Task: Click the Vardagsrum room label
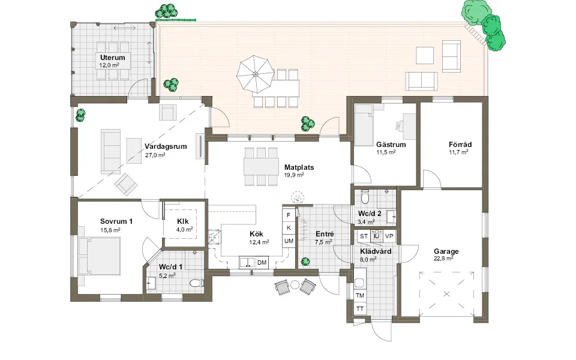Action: (166, 146)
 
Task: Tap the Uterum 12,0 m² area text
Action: (109, 65)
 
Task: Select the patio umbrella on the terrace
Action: (255, 74)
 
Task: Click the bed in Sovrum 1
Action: (99, 256)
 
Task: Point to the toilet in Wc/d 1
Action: (197, 283)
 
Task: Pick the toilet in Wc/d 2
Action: (365, 197)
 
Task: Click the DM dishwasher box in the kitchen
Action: (262, 262)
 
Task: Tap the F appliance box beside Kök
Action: (289, 215)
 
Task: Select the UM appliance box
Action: (289, 241)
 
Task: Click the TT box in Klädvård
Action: (360, 308)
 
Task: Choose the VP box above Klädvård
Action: (389, 236)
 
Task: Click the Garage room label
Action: (446, 251)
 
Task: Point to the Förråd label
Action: (460, 145)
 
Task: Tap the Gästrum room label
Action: (391, 145)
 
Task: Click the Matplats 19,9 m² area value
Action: (294, 175)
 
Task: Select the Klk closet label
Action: (182, 221)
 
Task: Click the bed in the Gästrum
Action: (364, 125)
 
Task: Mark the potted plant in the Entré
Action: (305, 262)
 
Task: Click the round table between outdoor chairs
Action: (295, 284)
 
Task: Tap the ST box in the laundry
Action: (364, 236)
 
